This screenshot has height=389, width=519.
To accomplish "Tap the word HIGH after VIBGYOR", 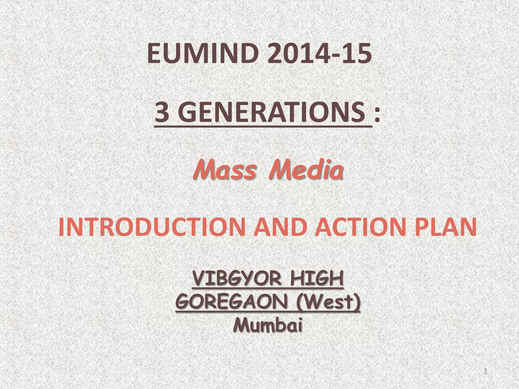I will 317,279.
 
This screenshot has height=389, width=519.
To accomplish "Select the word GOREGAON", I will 232,302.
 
